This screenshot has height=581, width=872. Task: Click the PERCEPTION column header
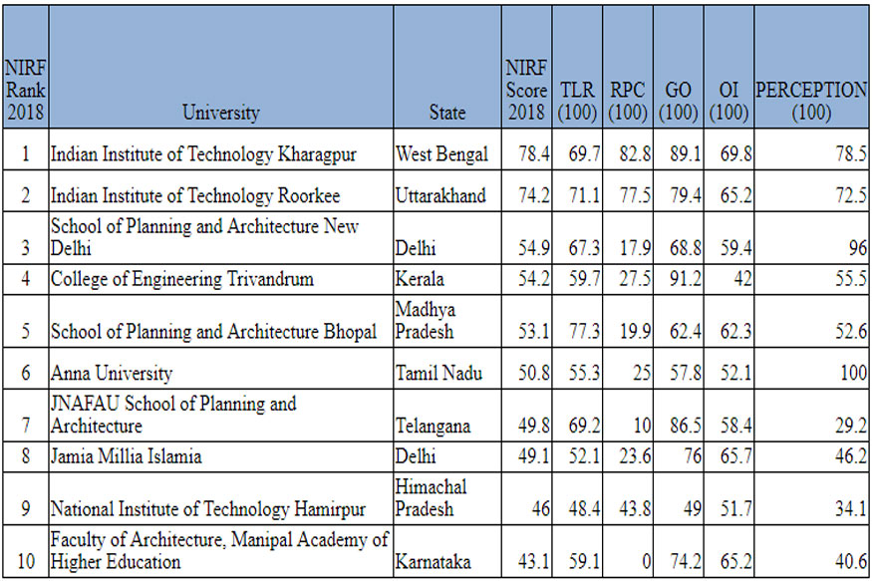coord(810,101)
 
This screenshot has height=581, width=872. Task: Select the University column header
coord(220,113)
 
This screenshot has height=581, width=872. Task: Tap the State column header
coord(446,113)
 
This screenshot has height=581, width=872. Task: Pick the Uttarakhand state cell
coord(440,195)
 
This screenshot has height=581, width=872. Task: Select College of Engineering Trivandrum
coord(181,280)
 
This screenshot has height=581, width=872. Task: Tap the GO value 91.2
coord(678,280)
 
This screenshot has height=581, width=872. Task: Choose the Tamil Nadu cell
coord(439,375)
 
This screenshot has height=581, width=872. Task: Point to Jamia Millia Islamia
coord(126,457)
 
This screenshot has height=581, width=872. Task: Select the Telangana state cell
coord(435,427)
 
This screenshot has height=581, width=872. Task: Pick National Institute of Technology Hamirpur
coord(207,509)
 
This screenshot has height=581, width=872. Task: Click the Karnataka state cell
coord(434,561)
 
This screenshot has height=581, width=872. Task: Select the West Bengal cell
coord(441,154)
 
